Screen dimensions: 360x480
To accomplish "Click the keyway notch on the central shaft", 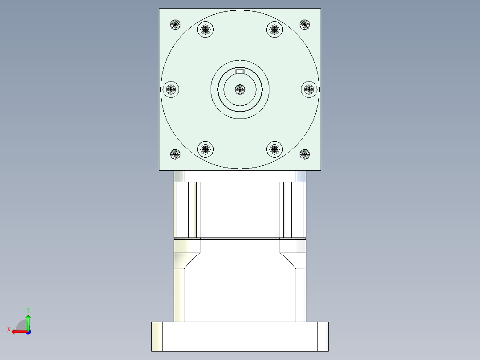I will click(240, 72).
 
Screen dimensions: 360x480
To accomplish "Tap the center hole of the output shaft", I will click(240, 89).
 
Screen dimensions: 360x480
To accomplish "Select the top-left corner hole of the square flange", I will click(175, 25).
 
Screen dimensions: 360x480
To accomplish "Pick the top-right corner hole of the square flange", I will click(305, 25).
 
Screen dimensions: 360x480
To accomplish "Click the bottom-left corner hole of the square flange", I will click(175, 155).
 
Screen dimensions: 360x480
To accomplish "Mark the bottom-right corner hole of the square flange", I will click(305, 155).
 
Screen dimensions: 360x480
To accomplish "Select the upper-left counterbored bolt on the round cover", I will click(205, 30).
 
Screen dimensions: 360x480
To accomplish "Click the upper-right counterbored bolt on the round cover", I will click(275, 30).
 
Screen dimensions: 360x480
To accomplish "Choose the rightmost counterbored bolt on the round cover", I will click(309, 90).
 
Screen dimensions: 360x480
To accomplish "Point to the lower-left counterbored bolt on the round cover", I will click(205, 149).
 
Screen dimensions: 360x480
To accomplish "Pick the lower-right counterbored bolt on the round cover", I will click(275, 149).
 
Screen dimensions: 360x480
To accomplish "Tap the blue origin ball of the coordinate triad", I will click(28, 331).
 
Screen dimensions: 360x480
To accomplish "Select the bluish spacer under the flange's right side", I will click(301, 176).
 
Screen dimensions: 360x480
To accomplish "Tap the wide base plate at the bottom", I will click(240, 336).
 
